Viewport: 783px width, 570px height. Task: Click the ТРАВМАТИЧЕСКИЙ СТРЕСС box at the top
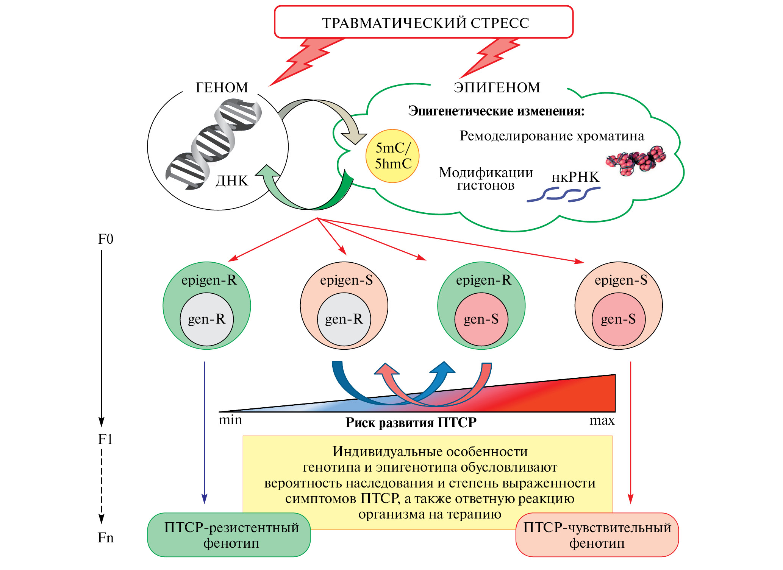point(424,22)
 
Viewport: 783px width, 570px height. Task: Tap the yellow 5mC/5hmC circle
point(392,156)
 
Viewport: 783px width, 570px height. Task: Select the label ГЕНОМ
point(222,87)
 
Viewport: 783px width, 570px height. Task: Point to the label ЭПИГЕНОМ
point(497,87)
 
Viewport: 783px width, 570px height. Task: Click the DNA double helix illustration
point(212,144)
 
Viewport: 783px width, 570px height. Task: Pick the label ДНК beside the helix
point(232,181)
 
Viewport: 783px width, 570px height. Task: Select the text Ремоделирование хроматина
point(552,136)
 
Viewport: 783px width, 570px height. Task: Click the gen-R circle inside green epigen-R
point(207,319)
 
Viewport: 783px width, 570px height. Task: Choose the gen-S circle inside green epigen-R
point(481,319)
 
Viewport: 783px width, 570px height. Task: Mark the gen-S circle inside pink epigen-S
point(618,319)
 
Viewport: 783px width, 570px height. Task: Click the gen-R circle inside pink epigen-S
point(344,319)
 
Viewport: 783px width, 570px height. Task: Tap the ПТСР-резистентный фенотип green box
point(229,535)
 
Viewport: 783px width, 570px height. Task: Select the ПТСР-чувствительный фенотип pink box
point(597,535)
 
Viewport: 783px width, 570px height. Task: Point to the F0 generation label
point(106,239)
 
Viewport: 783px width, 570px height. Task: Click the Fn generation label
point(106,537)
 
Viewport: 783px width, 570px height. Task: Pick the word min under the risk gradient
point(230,420)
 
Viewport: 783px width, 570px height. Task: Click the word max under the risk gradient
point(602,420)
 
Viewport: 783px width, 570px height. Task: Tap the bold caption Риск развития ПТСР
point(411,422)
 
